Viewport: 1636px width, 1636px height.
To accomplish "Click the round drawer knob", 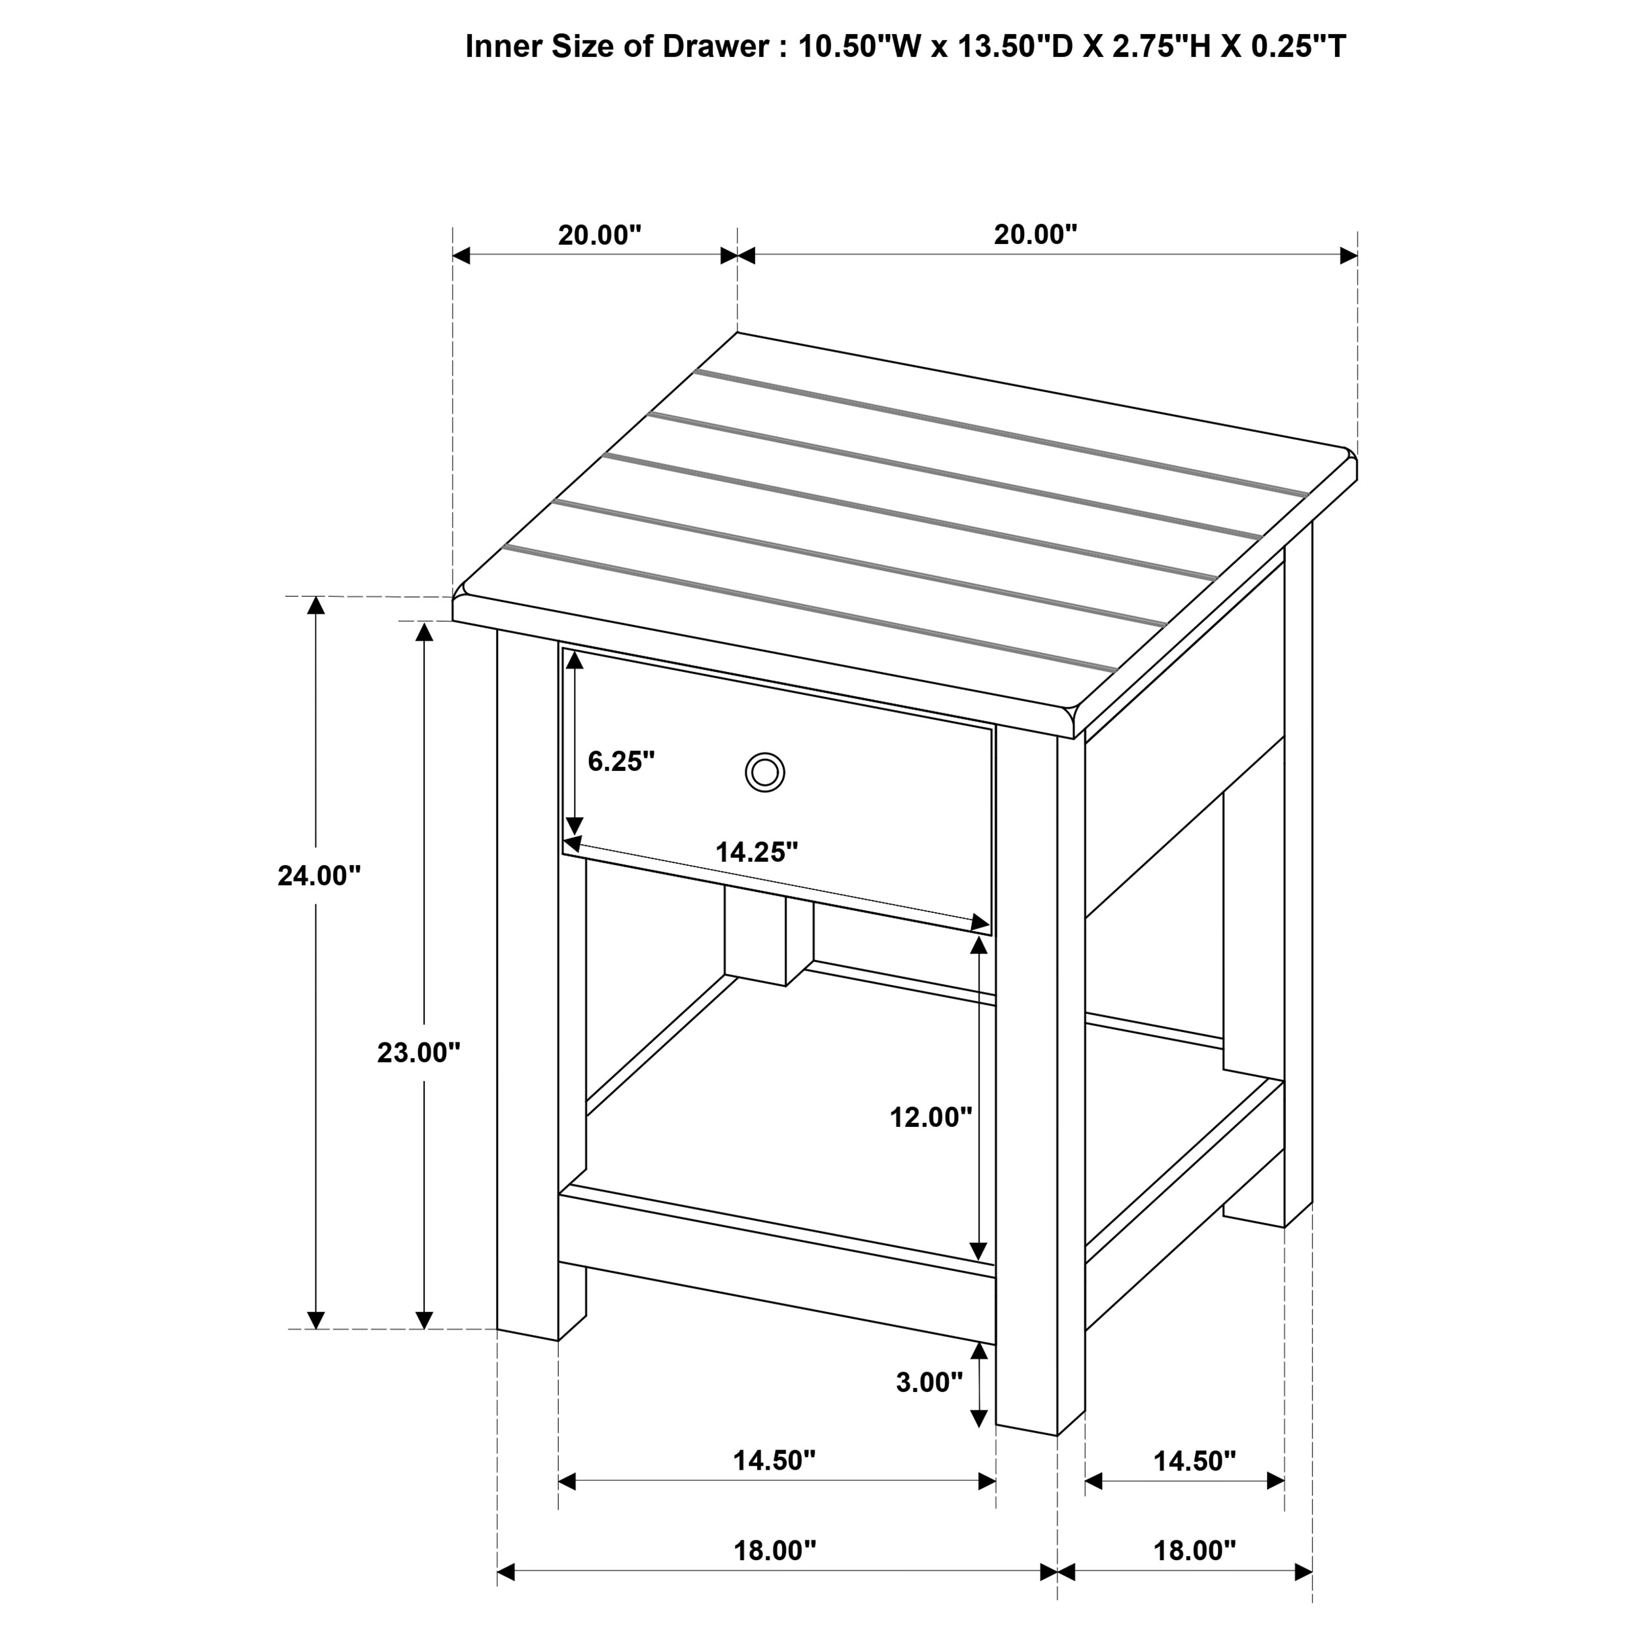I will click(764, 772).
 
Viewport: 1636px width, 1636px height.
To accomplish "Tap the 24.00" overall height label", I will click(319, 876).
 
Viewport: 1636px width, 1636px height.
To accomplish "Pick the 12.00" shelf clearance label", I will click(931, 1117).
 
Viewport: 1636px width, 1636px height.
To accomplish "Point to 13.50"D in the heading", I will click(1014, 46).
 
